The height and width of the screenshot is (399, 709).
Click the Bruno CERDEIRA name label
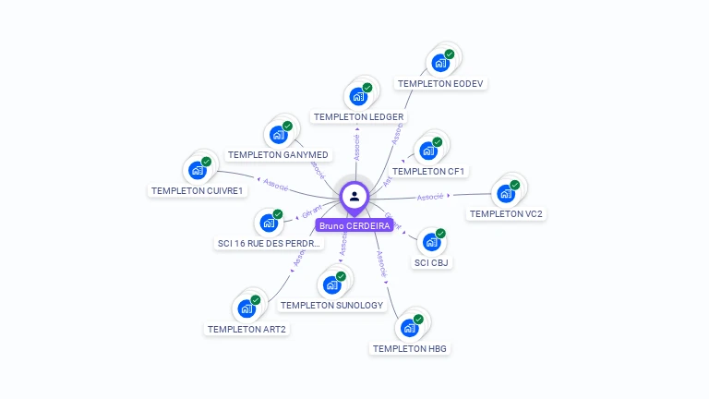click(x=354, y=225)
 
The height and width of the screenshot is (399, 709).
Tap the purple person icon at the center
click(x=354, y=196)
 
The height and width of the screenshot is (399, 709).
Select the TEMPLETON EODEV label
click(x=440, y=84)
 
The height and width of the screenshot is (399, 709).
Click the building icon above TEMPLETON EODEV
click(x=440, y=64)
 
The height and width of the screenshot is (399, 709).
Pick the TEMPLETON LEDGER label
click(x=358, y=117)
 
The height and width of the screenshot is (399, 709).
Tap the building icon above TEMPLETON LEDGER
click(x=358, y=96)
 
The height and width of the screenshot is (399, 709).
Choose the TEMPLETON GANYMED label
click(x=278, y=154)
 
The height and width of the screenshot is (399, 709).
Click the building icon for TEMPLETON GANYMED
click(x=278, y=134)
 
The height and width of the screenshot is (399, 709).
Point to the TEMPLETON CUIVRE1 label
click(x=198, y=191)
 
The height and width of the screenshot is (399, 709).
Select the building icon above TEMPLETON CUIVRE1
click(x=198, y=170)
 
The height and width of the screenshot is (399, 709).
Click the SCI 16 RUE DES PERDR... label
click(x=270, y=244)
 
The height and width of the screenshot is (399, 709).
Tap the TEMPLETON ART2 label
click(x=246, y=329)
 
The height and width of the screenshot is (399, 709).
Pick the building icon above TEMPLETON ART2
click(x=246, y=308)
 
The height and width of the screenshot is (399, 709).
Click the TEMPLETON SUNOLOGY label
click(x=331, y=305)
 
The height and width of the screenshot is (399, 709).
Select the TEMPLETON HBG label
click(x=410, y=349)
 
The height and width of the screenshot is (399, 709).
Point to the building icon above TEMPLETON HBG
click(x=409, y=328)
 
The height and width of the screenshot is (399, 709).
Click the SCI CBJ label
click(x=432, y=262)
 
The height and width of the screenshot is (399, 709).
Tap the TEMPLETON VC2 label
click(x=506, y=214)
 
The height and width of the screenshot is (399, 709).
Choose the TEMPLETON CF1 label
click(x=429, y=172)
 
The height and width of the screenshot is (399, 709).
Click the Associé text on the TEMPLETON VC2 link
click(x=430, y=196)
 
